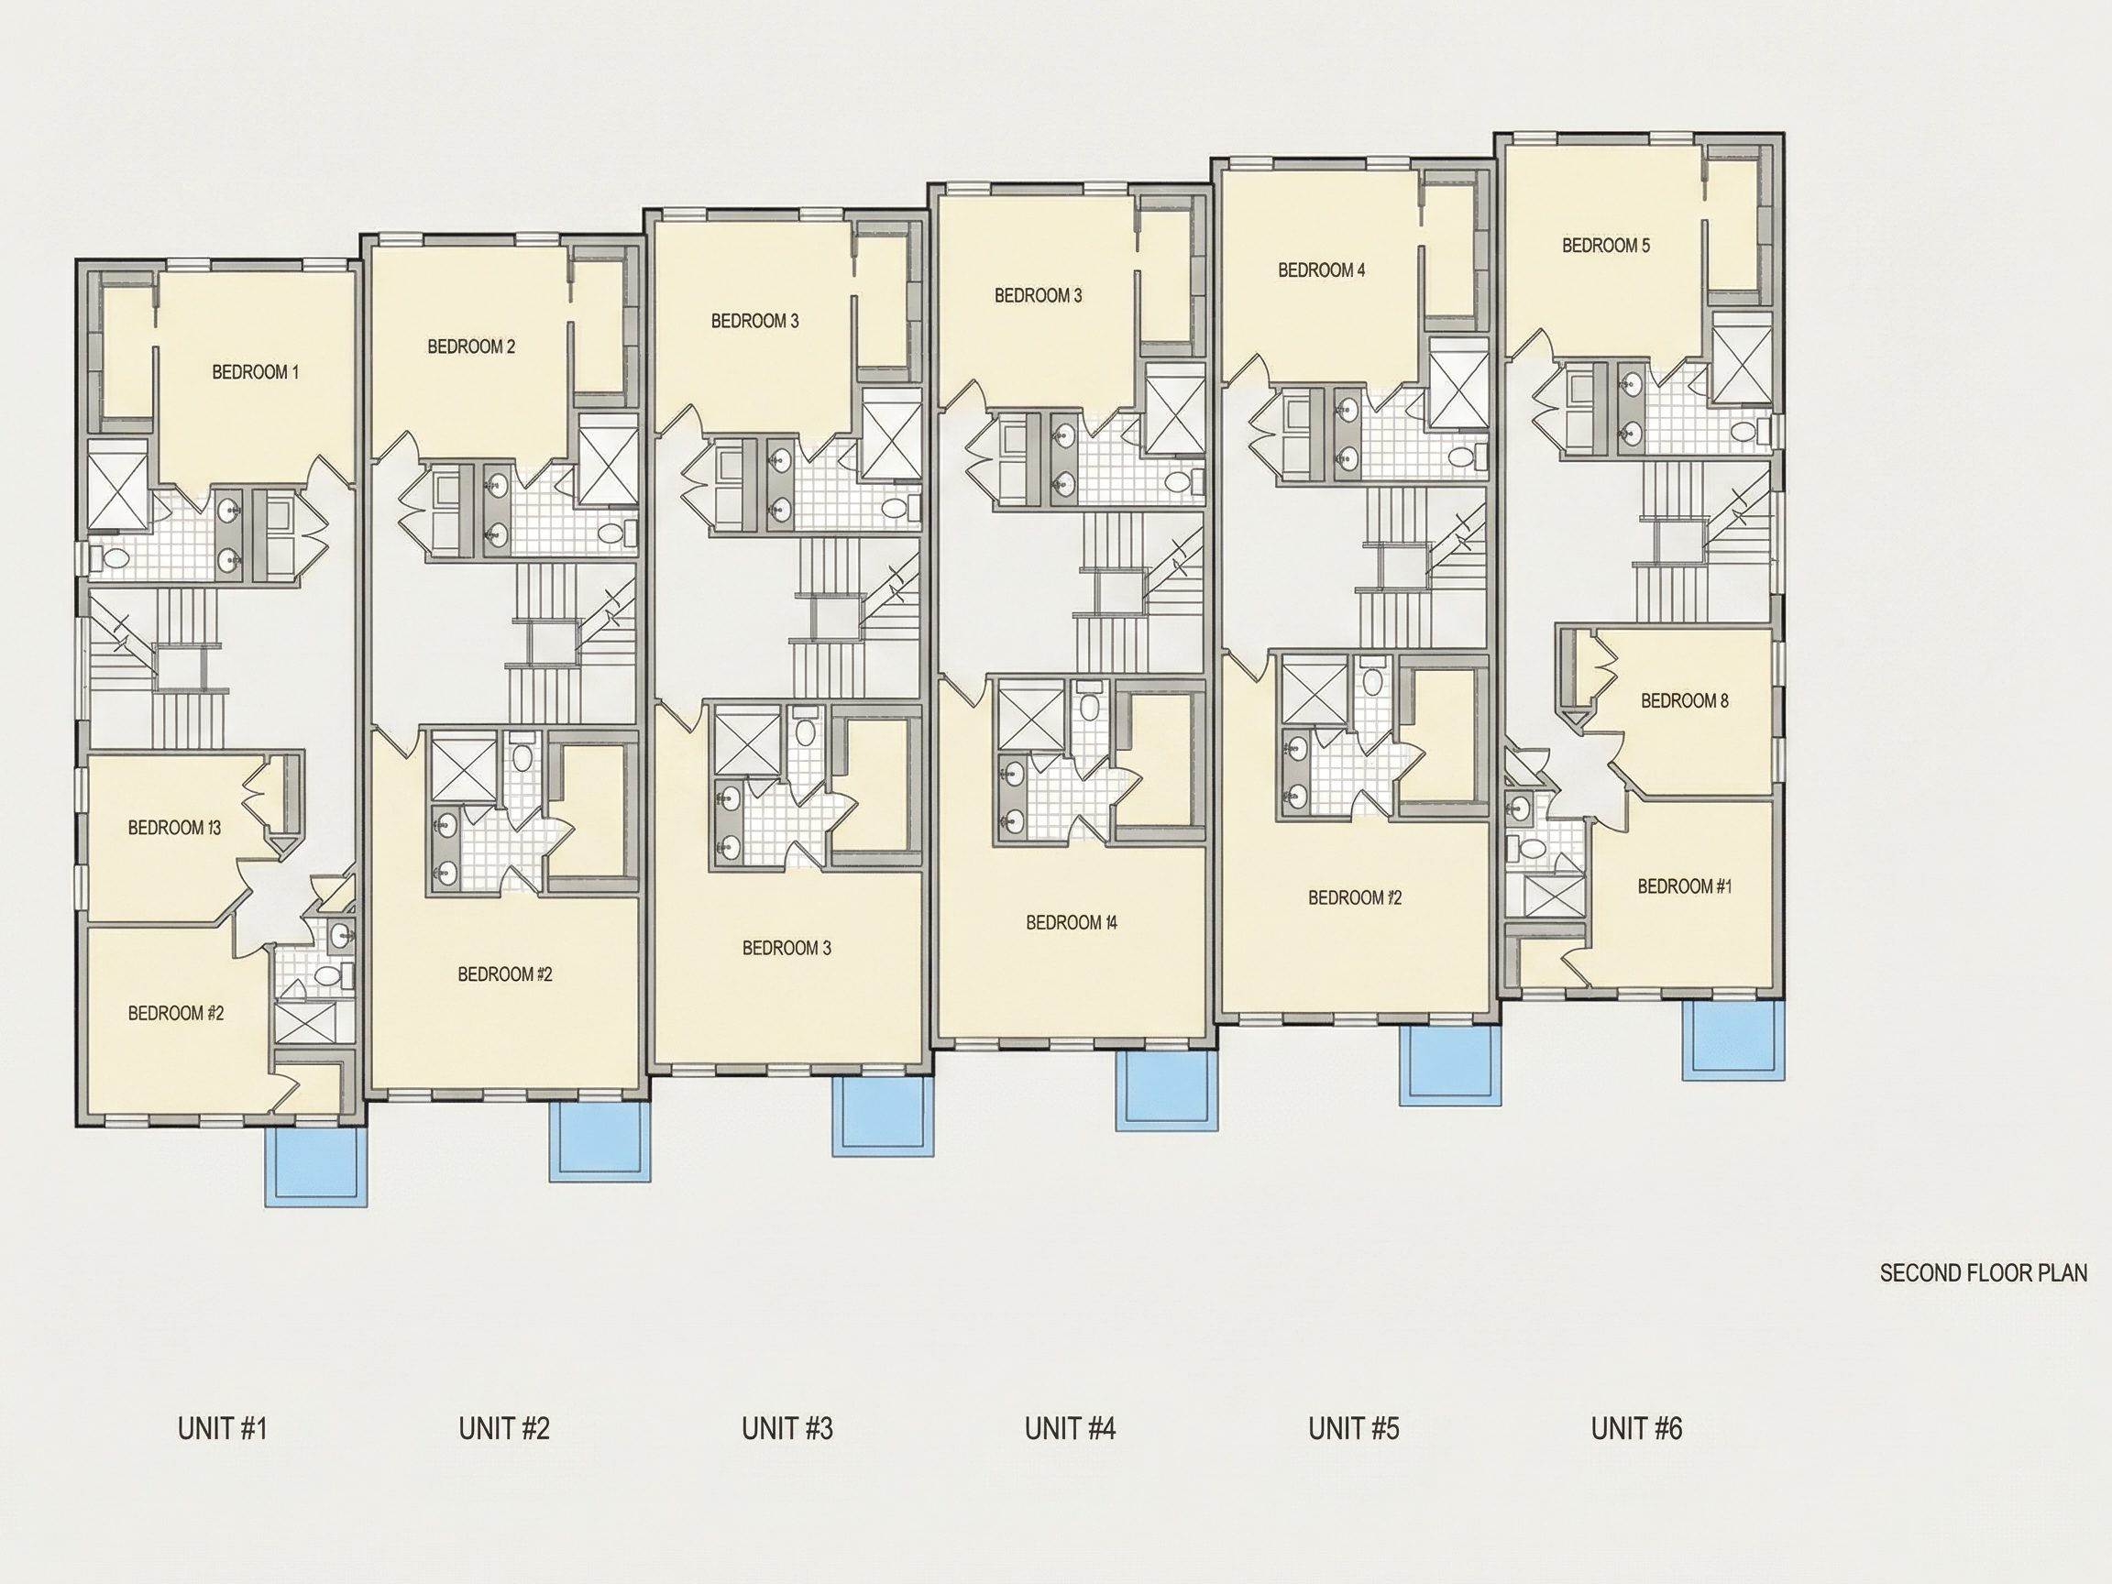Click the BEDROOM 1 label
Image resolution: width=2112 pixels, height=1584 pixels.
tap(255, 372)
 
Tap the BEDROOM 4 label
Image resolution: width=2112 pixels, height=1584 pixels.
tap(1322, 270)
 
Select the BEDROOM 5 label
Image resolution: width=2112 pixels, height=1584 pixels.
tap(1606, 246)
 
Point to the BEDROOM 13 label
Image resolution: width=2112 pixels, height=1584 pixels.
tap(175, 828)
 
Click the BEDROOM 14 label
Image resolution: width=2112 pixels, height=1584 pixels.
tap(1072, 922)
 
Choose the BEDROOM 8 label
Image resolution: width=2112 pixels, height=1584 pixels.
tap(1684, 701)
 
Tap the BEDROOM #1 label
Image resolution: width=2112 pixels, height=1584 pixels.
tap(1684, 886)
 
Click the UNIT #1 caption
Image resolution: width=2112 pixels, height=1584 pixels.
tap(223, 1428)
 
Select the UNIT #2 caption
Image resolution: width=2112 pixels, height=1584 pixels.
tap(504, 1428)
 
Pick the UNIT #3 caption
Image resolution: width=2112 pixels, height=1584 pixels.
tap(787, 1428)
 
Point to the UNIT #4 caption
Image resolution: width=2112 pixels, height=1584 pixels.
tap(1071, 1428)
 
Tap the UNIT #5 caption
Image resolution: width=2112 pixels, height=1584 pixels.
tap(1354, 1428)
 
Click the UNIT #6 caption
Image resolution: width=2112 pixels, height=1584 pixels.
tap(1636, 1428)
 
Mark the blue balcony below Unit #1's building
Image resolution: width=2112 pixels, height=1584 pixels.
tap(316, 1166)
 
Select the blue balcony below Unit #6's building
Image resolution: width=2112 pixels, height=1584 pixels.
tap(1732, 1040)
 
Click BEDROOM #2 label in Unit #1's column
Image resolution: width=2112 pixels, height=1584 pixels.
tap(176, 1013)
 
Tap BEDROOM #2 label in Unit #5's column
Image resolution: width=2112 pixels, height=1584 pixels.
tap(1355, 897)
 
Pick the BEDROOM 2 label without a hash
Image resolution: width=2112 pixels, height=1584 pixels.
tap(471, 346)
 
